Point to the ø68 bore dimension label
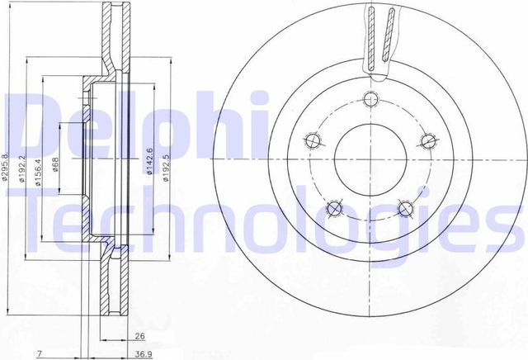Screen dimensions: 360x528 pos(56,166)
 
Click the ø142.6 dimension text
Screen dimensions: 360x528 pos(149,163)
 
